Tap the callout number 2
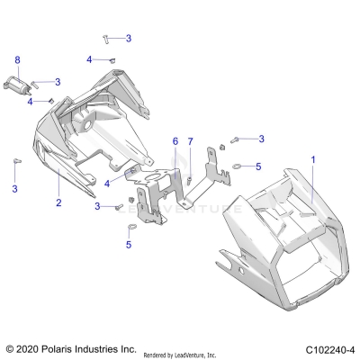(58, 204)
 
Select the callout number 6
(175, 141)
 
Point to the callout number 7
(190, 141)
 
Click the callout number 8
(16, 59)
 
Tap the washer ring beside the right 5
(236, 166)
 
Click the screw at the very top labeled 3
(107, 38)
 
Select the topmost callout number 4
(90, 59)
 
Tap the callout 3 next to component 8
(58, 82)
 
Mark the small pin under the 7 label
(192, 178)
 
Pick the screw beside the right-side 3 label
(237, 139)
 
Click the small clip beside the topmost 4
(114, 59)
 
